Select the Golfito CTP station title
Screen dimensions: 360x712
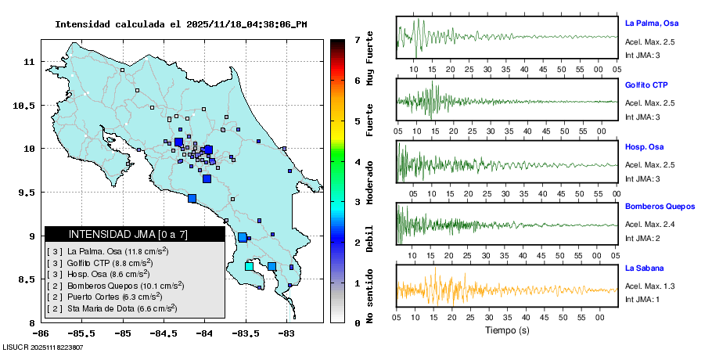(646, 85)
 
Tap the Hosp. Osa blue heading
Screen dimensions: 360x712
(645, 146)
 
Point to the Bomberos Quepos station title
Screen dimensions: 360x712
(660, 207)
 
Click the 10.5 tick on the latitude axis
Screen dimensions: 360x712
(24, 105)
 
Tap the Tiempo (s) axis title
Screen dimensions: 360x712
(506, 330)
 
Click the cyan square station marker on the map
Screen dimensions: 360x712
(249, 267)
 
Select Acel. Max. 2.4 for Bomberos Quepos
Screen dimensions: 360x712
(650, 225)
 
